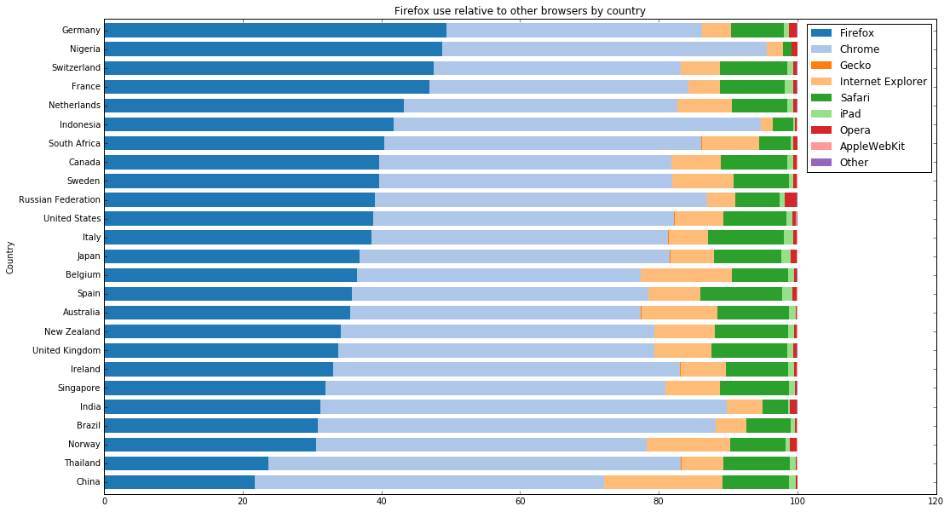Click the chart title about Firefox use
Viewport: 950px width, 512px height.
click(x=520, y=11)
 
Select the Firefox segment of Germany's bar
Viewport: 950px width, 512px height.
click(x=275, y=31)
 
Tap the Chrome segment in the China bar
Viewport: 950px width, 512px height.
click(x=429, y=482)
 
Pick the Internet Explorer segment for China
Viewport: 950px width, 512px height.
click(x=663, y=482)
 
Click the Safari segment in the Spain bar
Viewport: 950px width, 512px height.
click(x=741, y=294)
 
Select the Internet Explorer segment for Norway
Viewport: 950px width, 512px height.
click(x=688, y=445)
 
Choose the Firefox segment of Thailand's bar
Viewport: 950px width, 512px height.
click(x=186, y=463)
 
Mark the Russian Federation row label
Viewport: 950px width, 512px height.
click(x=60, y=199)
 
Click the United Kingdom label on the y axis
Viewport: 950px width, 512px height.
click(x=66, y=350)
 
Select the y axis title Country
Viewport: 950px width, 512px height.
click(x=9, y=257)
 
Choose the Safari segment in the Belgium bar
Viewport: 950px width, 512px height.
click(x=760, y=275)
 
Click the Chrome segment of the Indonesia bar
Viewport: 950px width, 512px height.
click(x=577, y=124)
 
